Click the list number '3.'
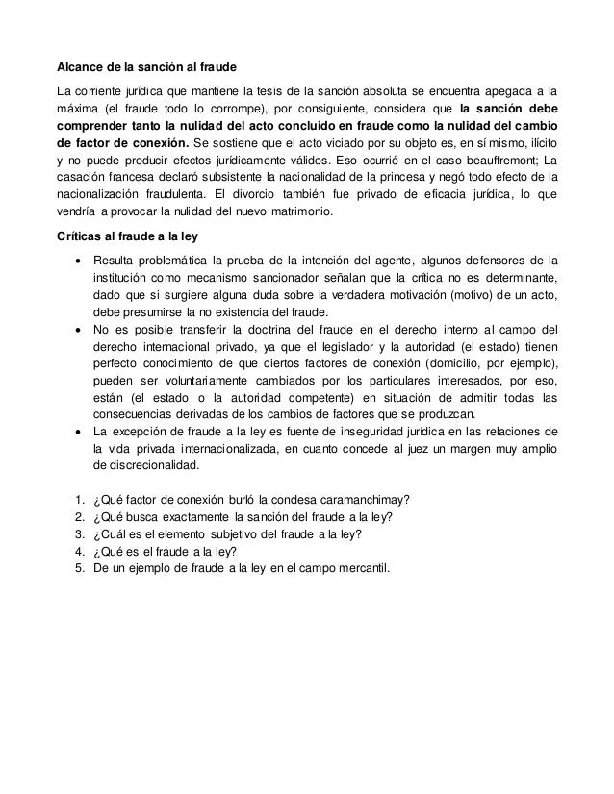[78, 534]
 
